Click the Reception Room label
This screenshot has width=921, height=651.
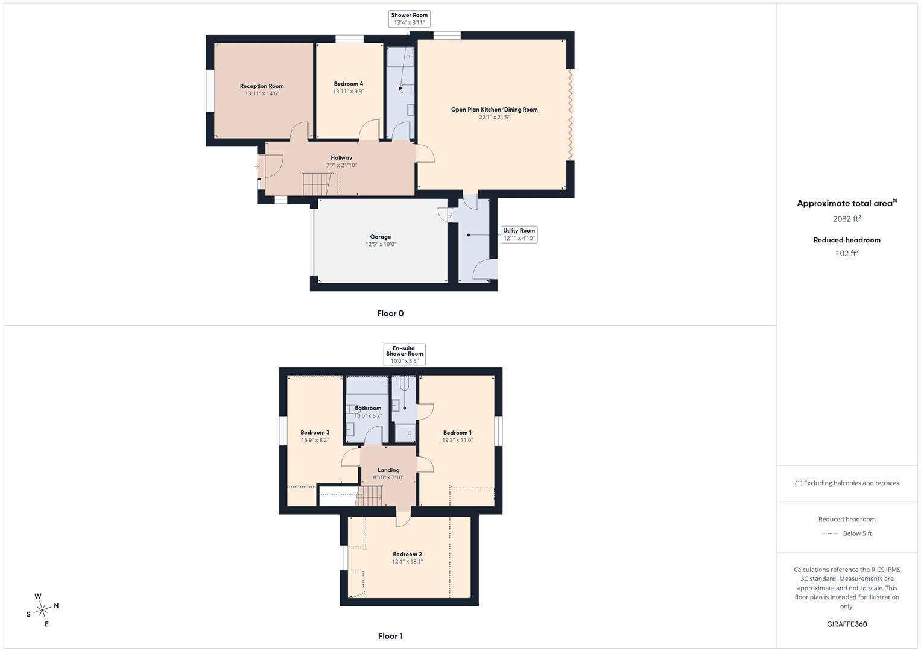(262, 86)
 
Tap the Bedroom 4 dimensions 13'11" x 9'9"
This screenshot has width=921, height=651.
(348, 91)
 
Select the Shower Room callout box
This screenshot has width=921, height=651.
(410, 19)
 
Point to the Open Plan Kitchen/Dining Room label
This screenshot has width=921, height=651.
(494, 109)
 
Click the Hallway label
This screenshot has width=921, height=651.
(341, 157)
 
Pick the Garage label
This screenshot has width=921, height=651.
(381, 237)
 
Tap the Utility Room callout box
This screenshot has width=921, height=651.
(519, 234)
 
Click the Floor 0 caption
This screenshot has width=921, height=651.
(390, 313)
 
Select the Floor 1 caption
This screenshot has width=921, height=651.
(390, 636)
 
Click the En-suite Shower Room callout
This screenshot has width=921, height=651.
(405, 354)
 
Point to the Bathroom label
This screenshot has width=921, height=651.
(368, 408)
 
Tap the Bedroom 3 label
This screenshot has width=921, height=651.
(315, 432)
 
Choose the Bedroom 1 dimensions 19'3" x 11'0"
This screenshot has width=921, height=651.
(458, 440)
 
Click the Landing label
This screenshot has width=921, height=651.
(388, 470)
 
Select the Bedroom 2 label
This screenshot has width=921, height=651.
(407, 554)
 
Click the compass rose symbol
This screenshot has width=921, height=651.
(42, 610)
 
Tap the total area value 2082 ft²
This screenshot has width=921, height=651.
(847, 219)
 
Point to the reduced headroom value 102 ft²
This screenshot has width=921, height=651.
(847, 253)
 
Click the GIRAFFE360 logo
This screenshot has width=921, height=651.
(847, 624)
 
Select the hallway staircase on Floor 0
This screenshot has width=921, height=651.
(320, 184)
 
